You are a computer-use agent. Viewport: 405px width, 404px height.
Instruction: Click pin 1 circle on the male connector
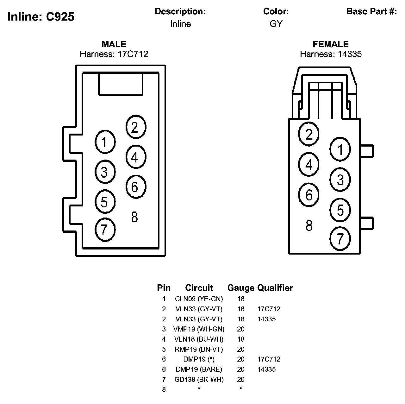105,142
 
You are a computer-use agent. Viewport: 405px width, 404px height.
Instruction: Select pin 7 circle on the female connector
340,238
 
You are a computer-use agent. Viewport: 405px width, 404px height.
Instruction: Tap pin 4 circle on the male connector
136,157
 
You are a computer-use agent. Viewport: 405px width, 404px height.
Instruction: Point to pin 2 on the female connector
309,134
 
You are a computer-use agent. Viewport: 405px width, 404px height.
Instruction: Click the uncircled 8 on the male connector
134,217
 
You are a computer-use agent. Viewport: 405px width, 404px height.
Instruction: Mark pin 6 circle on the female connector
309,194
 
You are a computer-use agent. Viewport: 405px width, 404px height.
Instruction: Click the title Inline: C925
41,16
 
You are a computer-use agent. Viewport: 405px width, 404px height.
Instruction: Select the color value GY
276,24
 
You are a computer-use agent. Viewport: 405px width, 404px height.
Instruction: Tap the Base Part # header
371,12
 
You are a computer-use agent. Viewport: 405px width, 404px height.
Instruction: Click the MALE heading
114,44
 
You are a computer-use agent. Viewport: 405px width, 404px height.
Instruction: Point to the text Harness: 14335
331,54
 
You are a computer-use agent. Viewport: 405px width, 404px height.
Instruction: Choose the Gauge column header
241,288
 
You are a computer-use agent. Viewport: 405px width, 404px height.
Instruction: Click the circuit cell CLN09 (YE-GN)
199,299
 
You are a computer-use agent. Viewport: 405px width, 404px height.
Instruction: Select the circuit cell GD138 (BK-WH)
199,379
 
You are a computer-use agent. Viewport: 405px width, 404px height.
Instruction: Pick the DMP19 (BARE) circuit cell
199,369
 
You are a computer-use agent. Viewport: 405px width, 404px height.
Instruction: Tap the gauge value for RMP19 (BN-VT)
241,349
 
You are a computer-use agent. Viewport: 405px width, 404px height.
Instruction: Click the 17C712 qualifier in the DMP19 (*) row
269,359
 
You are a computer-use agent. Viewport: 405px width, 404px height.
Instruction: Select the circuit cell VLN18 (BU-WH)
199,339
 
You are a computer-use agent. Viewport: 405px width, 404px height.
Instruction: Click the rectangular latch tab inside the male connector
121,84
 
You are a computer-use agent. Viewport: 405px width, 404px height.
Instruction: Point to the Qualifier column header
275,288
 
